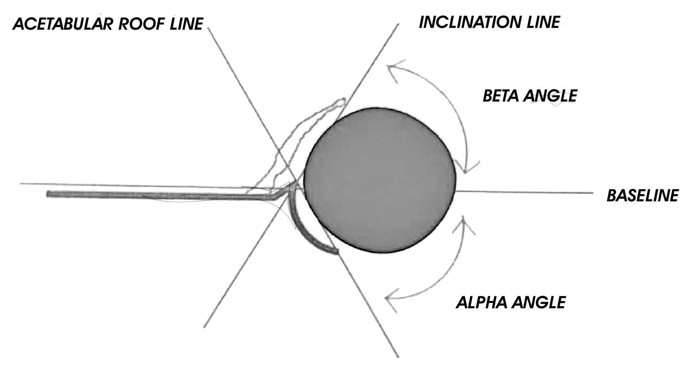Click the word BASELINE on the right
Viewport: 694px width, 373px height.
tap(642, 196)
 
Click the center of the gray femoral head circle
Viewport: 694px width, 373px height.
tap(380, 180)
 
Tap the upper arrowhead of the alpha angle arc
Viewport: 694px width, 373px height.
tap(465, 220)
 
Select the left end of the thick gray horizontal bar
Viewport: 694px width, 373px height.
tap(48, 194)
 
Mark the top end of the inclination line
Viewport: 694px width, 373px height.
tap(398, 24)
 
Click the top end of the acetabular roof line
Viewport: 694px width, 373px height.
tap(208, 28)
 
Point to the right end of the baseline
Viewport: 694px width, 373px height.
tap(592, 193)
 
